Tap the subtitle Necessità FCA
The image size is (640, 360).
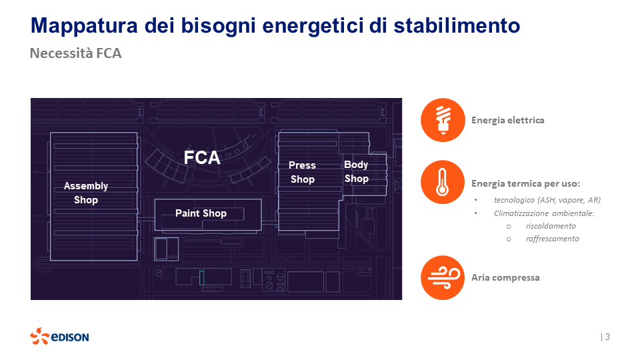coord(75,53)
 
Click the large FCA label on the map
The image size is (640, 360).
coord(202,157)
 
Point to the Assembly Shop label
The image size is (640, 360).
coord(86,193)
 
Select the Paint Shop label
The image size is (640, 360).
coord(201,213)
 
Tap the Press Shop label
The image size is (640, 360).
coord(302,172)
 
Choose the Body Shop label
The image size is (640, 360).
coord(356,171)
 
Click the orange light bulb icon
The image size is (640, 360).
coord(443,120)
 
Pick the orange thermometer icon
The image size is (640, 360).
coord(443,182)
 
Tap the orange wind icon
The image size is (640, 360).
coord(443,277)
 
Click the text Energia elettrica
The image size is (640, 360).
coord(507,121)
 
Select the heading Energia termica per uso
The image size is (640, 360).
coord(525,183)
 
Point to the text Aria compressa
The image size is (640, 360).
coord(505,277)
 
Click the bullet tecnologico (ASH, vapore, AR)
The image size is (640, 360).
coord(547,200)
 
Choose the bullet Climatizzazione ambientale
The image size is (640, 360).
coord(543,213)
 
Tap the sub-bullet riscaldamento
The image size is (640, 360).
coord(551,226)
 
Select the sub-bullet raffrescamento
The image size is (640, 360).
coord(552,239)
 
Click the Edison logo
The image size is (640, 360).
coord(59,337)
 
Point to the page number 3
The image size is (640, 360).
coord(607,337)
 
